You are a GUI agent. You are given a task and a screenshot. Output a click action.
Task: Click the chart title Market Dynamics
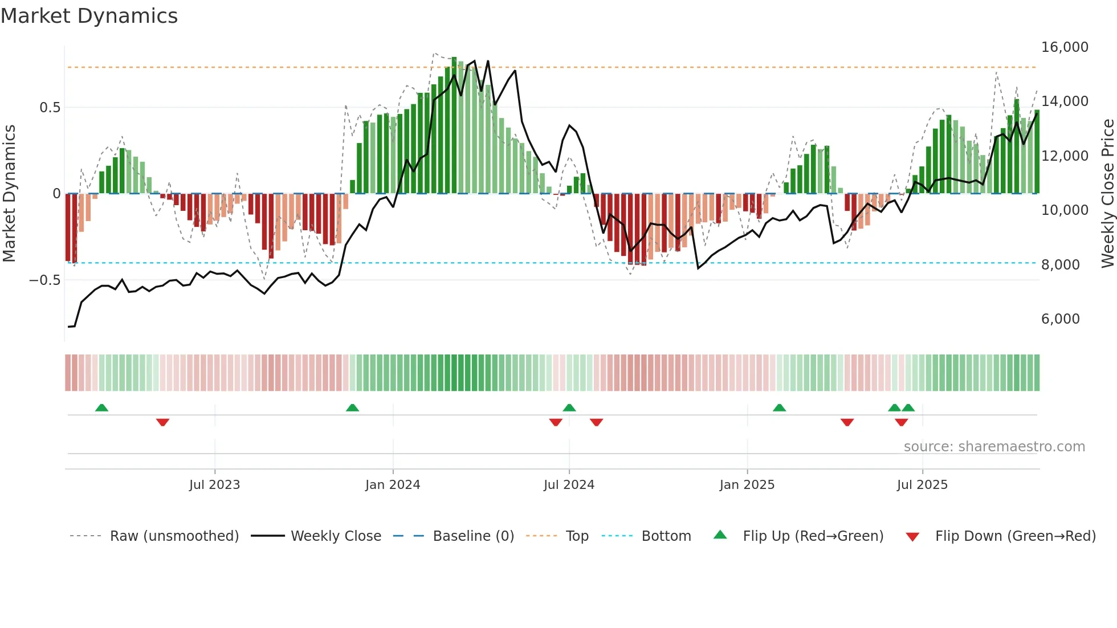[x=89, y=16]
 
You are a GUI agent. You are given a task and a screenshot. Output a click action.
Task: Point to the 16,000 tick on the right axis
[x=1064, y=47]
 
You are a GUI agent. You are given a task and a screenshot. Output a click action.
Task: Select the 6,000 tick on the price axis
[x=1060, y=319]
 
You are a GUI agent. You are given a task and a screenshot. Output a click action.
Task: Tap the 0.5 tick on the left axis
[x=50, y=108]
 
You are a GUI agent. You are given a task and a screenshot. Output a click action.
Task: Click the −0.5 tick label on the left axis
[x=44, y=280]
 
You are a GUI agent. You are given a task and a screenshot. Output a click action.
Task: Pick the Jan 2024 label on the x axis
[x=392, y=485]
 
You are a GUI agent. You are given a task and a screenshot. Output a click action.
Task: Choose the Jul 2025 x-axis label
[x=922, y=485]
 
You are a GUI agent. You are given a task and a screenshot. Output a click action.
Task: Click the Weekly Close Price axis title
[x=1107, y=194]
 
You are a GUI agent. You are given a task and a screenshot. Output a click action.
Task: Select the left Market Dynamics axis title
[x=9, y=194]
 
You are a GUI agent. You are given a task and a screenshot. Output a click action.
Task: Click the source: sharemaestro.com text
[x=994, y=447]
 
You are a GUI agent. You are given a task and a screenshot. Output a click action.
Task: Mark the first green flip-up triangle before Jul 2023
[x=101, y=407]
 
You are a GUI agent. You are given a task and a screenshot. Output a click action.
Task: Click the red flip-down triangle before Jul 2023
[x=162, y=422]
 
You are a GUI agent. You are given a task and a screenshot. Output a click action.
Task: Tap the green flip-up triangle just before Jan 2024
[x=352, y=407]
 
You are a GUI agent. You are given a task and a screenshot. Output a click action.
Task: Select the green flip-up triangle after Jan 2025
[x=779, y=407]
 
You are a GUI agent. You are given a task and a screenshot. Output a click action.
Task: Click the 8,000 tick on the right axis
[x=1060, y=265]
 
